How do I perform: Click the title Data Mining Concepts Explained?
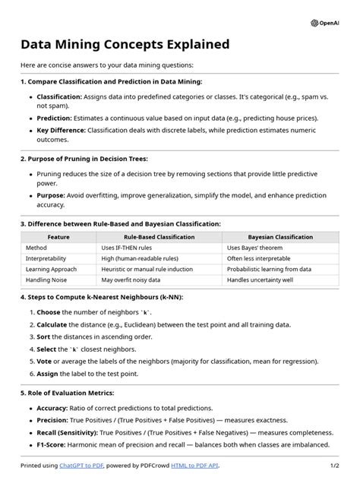(125, 45)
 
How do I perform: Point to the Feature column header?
(58, 237)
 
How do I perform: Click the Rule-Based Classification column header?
(159, 237)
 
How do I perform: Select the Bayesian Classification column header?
(280, 237)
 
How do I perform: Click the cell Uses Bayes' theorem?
(254, 248)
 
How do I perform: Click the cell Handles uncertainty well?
(261, 279)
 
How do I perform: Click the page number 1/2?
(334, 465)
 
